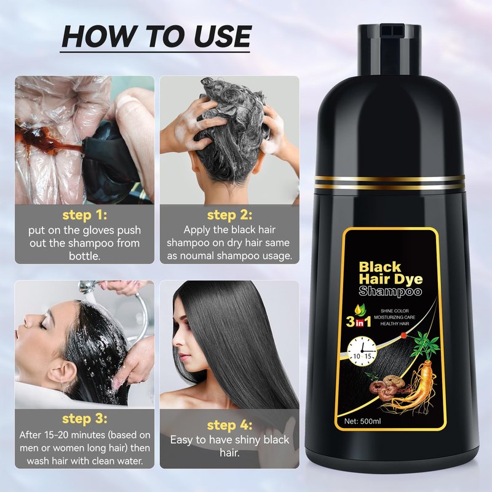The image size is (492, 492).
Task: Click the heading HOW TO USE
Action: [x=156, y=36]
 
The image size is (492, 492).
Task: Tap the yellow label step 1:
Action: [x=85, y=215]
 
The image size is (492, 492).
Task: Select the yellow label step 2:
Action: [x=229, y=215]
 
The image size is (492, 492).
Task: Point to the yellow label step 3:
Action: [x=85, y=419]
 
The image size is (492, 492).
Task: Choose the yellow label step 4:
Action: [x=229, y=425]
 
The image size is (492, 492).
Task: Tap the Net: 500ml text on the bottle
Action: [x=362, y=421]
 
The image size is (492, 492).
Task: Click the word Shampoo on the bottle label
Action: [x=390, y=292]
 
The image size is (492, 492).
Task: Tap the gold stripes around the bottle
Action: [x=389, y=182]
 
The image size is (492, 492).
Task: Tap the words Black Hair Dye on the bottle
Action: [x=391, y=273]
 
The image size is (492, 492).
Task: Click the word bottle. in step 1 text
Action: [x=85, y=256]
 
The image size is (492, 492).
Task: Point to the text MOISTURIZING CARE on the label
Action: [x=394, y=317]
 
